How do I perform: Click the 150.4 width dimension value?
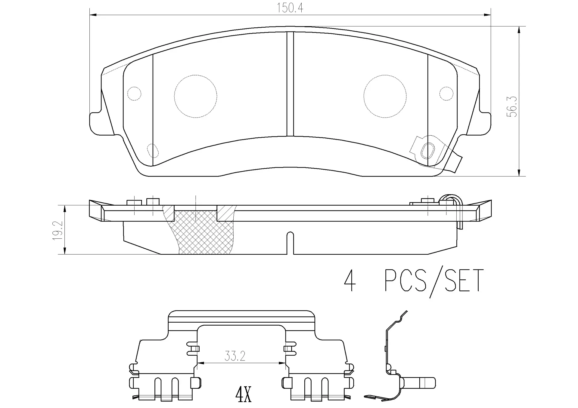pos(290,8)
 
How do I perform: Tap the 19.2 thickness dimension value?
pos(57,230)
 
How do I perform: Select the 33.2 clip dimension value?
pos(235,356)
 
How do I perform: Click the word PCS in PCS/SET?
pos(406,281)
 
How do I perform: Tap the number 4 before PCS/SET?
pos(350,281)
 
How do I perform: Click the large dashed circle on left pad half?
pos(195,96)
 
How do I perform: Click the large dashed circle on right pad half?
pos(385,96)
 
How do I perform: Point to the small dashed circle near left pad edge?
pos(134,94)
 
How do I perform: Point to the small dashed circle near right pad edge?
pos(446,94)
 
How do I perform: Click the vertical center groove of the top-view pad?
pos(290,84)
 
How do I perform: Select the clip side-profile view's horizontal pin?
pos(420,383)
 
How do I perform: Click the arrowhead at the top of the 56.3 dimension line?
pos(519,29)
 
